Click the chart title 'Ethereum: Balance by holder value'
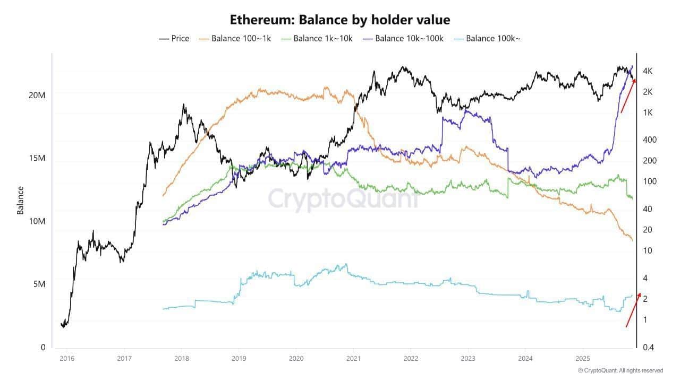[x=340, y=20]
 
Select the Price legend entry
[x=174, y=38]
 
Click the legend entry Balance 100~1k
[x=235, y=38]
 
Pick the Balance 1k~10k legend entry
[x=317, y=38]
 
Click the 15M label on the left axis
[x=37, y=158]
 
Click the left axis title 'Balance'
[x=21, y=200]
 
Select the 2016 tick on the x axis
[x=66, y=358]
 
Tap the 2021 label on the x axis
[x=353, y=358]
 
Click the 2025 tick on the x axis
[x=583, y=358]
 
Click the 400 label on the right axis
[x=649, y=140]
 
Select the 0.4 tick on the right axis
[x=648, y=347]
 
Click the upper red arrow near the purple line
[x=628, y=95]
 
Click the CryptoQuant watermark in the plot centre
[x=343, y=199]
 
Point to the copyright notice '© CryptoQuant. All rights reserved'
[x=620, y=370]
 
